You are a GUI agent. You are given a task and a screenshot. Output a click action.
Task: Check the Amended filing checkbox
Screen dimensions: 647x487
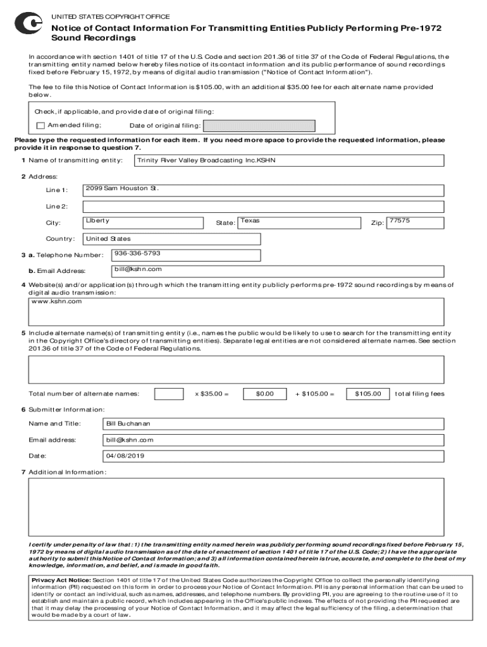41,125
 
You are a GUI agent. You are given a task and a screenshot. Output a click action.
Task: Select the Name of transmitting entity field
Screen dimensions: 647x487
289,160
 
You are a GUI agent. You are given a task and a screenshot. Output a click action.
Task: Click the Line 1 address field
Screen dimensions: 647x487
263,190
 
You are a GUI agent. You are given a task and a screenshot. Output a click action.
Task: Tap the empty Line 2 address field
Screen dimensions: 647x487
263,206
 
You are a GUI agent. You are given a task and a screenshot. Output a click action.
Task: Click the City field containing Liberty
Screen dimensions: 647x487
144,222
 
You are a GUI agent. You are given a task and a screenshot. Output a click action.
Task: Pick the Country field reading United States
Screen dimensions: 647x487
171,239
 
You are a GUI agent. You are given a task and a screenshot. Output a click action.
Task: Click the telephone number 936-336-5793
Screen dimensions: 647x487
137,253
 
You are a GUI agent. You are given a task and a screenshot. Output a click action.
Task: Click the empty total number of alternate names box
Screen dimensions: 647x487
169,394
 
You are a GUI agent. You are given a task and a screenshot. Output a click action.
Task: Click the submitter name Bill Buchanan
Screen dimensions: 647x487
128,423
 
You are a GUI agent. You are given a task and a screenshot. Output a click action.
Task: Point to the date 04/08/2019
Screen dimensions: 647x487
126,456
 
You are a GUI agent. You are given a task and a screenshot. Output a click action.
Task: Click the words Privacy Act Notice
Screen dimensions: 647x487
61,580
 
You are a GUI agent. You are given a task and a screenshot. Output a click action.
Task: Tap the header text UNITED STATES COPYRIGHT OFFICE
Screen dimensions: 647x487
110,16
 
